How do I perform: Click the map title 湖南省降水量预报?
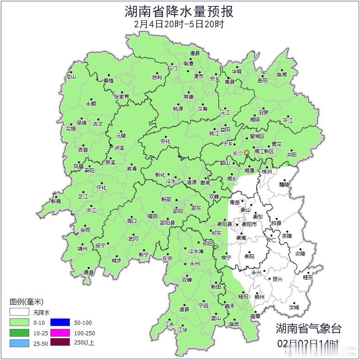179,11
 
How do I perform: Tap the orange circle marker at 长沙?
247,152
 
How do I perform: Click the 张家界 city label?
122,97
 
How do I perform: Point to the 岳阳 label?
262,81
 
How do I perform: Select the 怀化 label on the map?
101,188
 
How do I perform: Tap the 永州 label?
195,264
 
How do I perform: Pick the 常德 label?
188,97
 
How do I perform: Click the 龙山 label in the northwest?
70,76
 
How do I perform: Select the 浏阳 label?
291,155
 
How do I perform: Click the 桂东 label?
308,277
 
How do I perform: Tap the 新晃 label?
56,201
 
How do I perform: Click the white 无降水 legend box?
19,312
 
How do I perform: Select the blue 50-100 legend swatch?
60,322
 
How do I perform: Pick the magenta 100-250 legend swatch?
60,333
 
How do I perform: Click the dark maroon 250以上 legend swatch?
60,343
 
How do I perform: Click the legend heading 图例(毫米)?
27,301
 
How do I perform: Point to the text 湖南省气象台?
308,328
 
